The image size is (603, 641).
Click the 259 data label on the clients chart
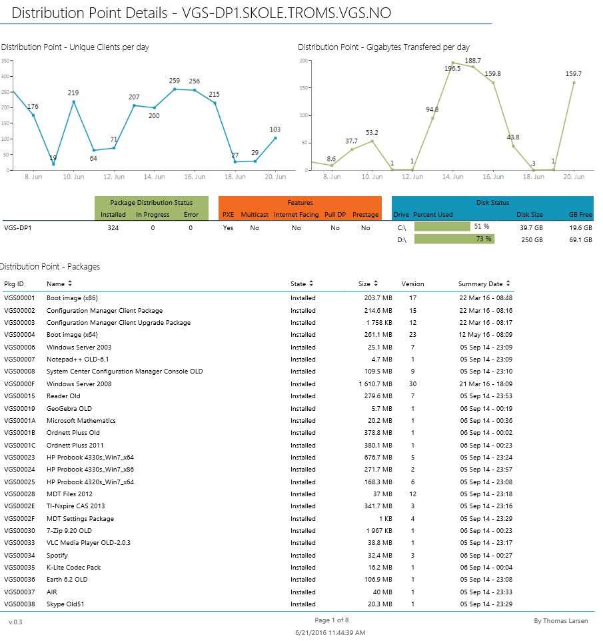click(175, 81)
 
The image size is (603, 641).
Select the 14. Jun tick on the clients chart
click(155, 177)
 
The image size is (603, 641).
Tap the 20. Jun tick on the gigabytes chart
click(574, 177)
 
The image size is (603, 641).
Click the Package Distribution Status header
click(151, 203)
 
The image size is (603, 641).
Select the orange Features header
click(300, 203)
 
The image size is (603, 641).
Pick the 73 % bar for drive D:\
click(454, 239)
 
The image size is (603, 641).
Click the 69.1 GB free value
click(579, 239)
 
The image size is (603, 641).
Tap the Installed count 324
click(113, 227)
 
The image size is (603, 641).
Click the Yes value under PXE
click(228, 227)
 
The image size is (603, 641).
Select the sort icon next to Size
click(376, 284)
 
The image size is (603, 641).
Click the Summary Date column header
click(480, 284)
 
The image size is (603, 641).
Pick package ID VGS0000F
click(19, 384)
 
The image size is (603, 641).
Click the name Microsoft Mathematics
click(81, 421)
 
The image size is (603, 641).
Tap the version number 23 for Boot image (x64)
click(412, 335)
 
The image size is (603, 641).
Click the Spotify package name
click(57, 555)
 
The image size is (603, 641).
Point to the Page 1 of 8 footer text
click(331, 620)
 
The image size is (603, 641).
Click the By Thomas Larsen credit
click(561, 621)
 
